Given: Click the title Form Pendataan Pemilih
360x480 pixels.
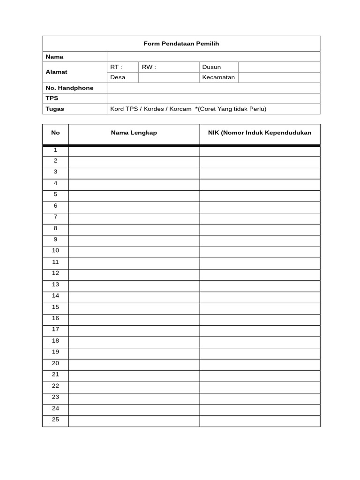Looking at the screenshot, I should tap(181, 44).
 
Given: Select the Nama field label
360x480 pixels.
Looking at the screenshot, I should tap(54, 57).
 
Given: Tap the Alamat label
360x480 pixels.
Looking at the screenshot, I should tap(56, 72).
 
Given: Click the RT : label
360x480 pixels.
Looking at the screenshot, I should tap(116, 67).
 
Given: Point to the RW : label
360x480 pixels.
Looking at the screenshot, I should tap(149, 67).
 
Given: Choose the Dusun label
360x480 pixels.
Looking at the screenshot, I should tap(211, 67).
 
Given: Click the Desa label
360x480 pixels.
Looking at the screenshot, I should tap(118, 77).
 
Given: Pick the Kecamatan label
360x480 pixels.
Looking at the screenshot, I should tap(218, 77).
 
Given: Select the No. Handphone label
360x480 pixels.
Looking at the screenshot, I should tap(69, 88).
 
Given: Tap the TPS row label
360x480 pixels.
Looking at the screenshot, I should tap(52, 98).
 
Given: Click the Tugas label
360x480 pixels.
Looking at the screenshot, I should tap(55, 109).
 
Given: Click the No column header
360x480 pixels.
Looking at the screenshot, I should tap(55, 133).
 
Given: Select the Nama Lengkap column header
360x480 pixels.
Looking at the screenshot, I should tap(134, 133).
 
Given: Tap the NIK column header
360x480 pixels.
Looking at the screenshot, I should tap(260, 133).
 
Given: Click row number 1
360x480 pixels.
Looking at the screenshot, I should tap(55, 150).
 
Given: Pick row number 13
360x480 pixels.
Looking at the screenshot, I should tap(55, 285).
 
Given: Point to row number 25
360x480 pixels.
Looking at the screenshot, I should tap(55, 420).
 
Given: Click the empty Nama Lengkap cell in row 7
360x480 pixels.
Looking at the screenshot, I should tap(134, 217).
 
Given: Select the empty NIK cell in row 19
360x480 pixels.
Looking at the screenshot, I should tap(260, 352).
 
